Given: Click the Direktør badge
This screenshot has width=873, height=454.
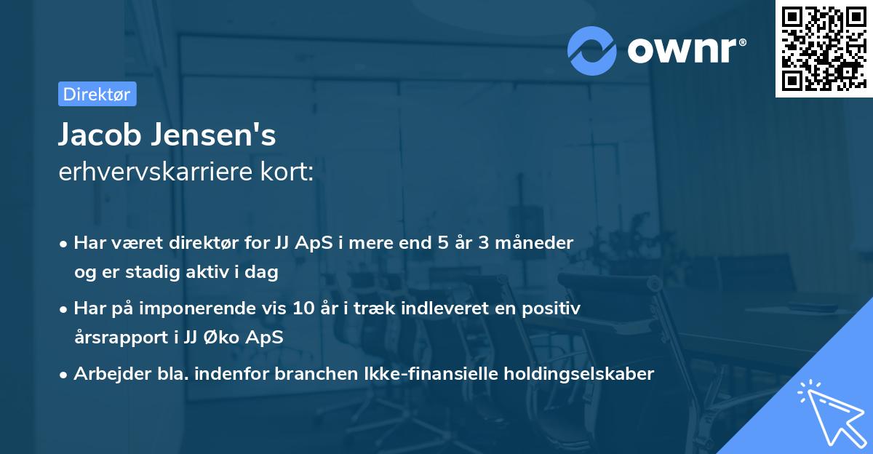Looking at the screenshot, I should tap(97, 94).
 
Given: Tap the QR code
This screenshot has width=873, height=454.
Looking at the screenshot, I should tap(824, 48).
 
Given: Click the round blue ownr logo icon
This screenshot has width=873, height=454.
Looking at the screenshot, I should tap(592, 50).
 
